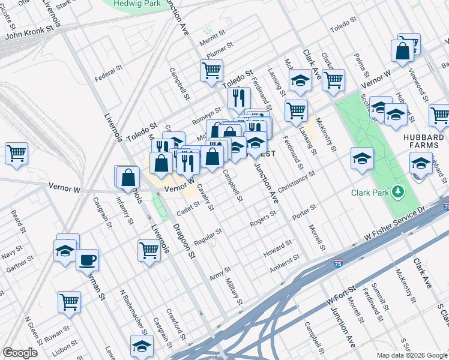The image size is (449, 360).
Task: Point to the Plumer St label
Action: (x=218, y=50)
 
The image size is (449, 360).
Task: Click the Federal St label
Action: (x=109, y=78)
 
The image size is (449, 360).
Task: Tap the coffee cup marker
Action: (x=88, y=260)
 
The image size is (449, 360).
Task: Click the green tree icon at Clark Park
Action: (x=397, y=192)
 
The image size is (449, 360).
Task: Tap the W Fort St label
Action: (x=337, y=293)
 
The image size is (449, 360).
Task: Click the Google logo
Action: (x=20, y=353)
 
